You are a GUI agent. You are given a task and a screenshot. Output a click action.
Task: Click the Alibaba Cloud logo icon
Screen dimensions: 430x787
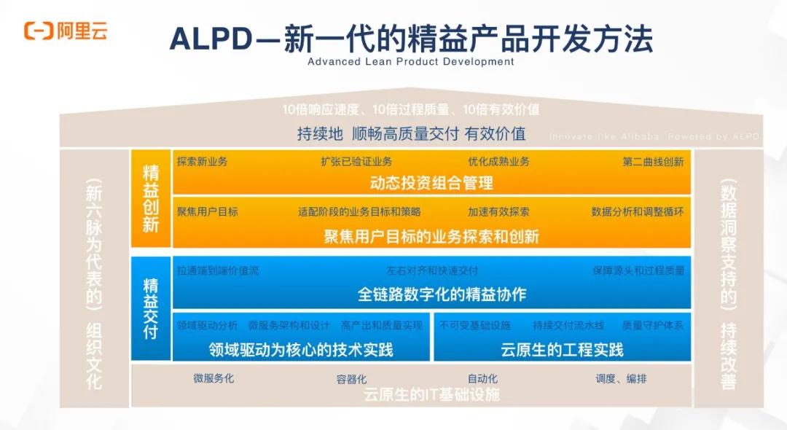(36, 31)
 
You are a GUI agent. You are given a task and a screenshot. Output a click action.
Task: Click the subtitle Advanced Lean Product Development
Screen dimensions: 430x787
(410, 62)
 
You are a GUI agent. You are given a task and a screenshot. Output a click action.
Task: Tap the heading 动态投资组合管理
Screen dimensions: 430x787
(431, 182)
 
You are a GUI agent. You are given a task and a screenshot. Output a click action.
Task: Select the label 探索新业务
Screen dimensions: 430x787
(202, 161)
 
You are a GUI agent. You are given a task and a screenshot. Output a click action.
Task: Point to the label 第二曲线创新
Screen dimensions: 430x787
(653, 161)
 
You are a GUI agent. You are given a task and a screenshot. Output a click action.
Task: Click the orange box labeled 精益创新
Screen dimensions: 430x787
(151, 198)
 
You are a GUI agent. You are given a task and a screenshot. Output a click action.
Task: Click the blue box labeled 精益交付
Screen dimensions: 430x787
(151, 308)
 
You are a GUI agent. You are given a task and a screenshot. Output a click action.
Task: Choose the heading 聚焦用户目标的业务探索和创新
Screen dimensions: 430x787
(431, 236)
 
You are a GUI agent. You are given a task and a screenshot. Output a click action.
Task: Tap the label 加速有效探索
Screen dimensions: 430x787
(498, 212)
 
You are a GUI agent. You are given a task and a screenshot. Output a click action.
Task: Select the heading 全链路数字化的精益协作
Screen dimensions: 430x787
(431, 294)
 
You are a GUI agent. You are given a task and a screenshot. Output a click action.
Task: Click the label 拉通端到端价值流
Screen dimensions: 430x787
(217, 270)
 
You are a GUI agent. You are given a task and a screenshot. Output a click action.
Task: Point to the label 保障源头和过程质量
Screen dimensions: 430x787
(638, 270)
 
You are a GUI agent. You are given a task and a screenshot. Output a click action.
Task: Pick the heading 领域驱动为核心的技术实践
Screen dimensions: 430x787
(300, 349)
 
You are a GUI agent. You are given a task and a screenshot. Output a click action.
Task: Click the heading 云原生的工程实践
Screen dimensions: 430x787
(562, 349)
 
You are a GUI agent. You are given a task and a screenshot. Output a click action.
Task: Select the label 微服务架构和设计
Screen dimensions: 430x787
(289, 326)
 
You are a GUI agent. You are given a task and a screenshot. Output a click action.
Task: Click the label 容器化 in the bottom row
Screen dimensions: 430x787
(351, 379)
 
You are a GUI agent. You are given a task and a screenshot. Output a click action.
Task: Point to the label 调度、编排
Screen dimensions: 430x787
(621, 379)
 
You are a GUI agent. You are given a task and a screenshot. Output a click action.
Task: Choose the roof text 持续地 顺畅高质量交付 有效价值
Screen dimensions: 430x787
(411, 134)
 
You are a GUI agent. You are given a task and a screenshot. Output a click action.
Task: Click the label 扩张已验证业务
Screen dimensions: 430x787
(356, 161)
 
